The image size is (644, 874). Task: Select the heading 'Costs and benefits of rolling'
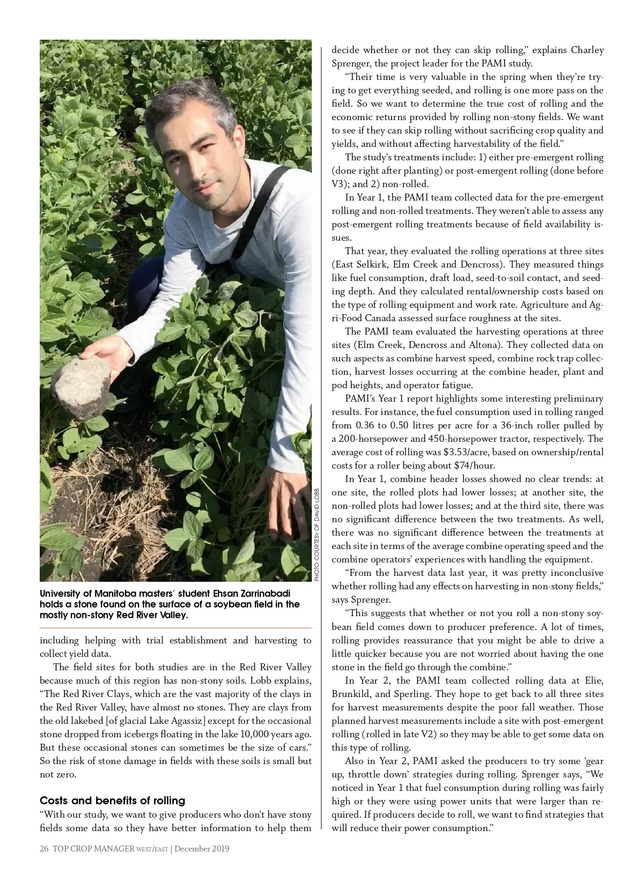coord(112,801)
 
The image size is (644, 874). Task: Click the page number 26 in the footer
coord(44,849)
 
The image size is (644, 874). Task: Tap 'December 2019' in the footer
coord(202,849)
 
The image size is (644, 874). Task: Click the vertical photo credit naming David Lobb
coord(317,534)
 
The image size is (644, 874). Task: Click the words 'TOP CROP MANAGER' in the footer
coord(93,849)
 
